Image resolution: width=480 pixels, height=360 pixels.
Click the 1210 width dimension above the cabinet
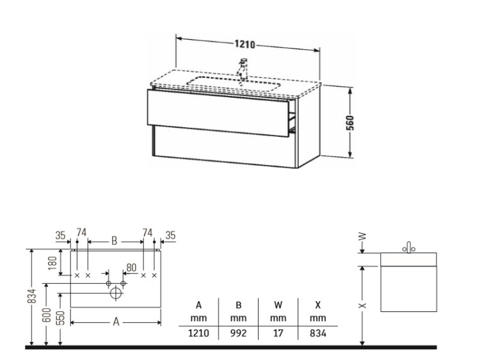point(245,44)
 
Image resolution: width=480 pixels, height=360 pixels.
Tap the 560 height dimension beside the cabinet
point(350,123)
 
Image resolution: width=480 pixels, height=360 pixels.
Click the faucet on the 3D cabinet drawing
point(243,69)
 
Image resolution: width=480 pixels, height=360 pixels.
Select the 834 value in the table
point(317,333)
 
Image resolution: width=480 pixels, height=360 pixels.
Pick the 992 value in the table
point(238,333)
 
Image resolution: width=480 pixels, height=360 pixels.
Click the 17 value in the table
point(278,333)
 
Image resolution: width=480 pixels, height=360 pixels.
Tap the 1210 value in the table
point(198,333)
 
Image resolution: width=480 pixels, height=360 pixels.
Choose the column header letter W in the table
point(278,305)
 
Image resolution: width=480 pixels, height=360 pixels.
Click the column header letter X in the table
point(317,305)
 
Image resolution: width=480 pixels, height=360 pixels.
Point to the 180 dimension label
point(52,263)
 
